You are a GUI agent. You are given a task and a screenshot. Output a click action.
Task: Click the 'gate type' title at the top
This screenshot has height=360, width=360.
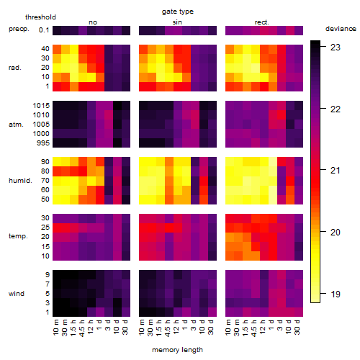click(x=178, y=12)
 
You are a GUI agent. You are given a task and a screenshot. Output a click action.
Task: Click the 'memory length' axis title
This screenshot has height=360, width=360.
click(x=177, y=350)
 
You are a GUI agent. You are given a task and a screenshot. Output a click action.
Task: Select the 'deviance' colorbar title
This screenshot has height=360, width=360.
click(x=341, y=29)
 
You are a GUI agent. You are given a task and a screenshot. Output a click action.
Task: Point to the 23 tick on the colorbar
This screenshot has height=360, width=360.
click(x=335, y=48)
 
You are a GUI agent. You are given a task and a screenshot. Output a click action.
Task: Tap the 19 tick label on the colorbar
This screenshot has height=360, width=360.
click(x=335, y=294)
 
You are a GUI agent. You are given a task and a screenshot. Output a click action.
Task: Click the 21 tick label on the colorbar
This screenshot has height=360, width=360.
click(x=335, y=171)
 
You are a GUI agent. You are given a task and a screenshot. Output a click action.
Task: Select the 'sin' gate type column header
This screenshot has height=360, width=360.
click(x=177, y=22)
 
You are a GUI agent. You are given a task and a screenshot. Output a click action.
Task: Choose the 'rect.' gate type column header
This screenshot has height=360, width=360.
click(x=261, y=22)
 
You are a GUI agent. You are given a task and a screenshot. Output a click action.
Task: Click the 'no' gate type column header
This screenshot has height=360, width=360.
click(x=93, y=22)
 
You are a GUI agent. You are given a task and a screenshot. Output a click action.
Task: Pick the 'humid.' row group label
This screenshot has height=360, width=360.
click(x=20, y=181)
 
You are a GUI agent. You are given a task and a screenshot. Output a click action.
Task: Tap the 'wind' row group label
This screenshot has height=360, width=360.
click(x=17, y=294)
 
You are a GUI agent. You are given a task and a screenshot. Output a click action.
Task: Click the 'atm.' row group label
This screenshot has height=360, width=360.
click(x=16, y=125)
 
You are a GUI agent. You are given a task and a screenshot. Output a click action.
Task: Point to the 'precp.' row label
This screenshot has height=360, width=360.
click(x=19, y=29)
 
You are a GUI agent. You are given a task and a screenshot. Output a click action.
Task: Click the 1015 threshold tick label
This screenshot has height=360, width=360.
click(x=41, y=106)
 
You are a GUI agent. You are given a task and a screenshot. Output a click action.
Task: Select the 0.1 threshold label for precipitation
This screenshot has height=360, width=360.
click(x=44, y=30)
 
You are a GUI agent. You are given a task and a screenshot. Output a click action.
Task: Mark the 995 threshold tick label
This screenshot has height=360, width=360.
click(x=43, y=143)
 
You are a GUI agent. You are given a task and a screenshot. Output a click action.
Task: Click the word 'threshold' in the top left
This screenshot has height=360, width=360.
click(x=40, y=17)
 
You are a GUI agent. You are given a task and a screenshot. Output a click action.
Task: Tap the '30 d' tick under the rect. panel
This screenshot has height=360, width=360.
click(x=297, y=327)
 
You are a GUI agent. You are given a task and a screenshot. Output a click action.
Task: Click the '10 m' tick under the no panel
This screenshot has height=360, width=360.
click(x=55, y=328)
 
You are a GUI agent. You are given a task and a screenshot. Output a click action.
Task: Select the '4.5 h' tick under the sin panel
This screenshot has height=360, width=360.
click(x=168, y=328)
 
